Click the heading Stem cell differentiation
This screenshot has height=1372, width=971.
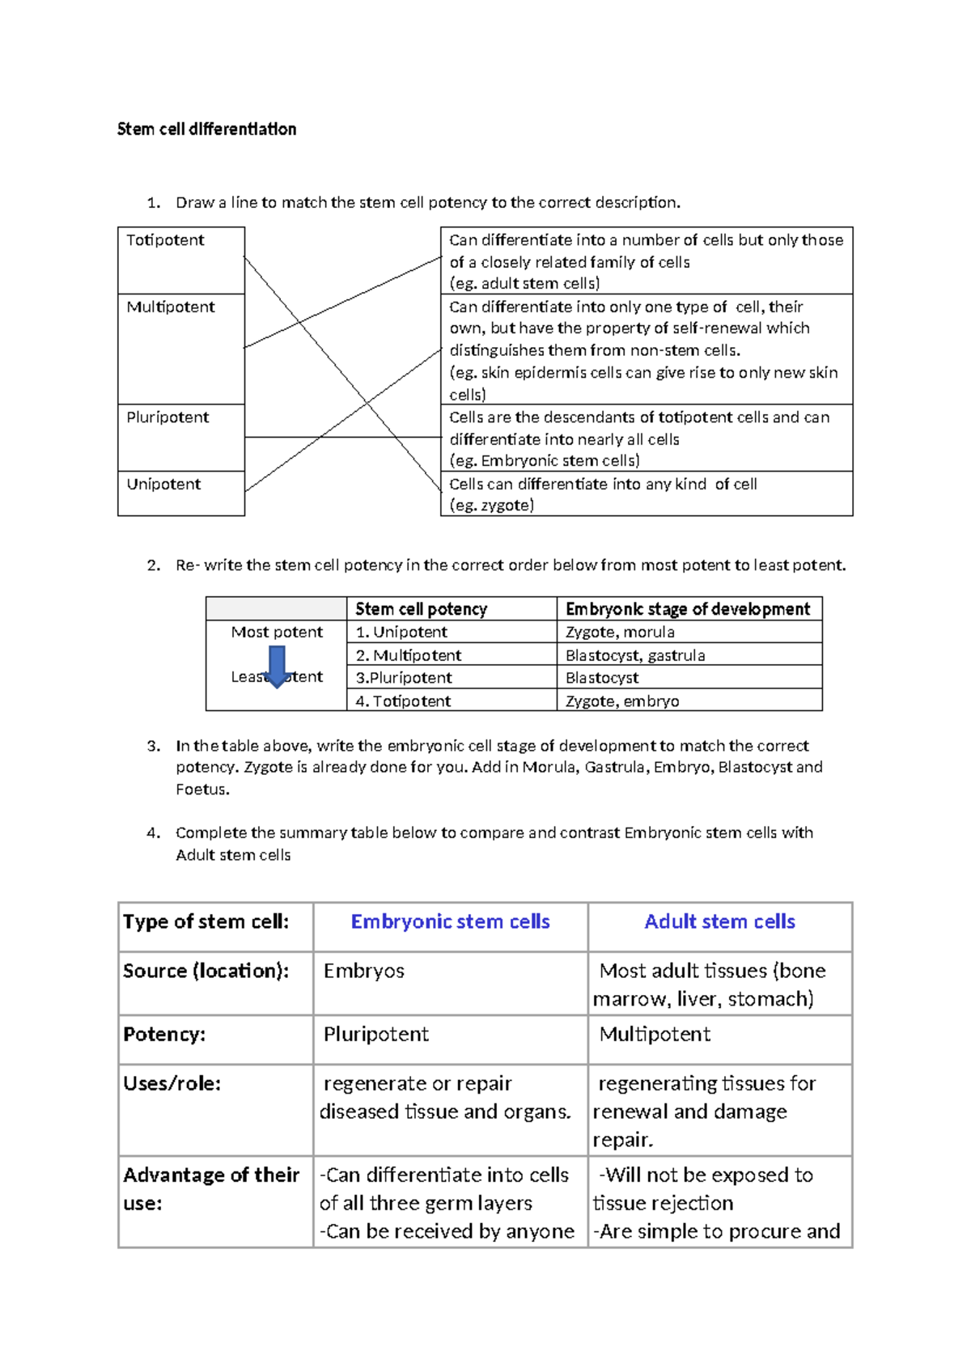206,129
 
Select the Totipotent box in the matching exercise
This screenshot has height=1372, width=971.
180,259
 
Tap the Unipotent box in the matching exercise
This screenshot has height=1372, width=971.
180,492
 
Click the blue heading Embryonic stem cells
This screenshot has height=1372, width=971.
450,921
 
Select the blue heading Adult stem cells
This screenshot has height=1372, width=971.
719,921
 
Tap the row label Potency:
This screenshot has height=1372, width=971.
164,1034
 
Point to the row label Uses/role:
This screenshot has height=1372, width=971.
172,1083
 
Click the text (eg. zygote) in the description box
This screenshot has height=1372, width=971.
491,506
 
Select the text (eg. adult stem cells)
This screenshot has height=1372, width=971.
524,283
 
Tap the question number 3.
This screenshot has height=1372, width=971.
154,746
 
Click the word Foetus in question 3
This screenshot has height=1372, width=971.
201,790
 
